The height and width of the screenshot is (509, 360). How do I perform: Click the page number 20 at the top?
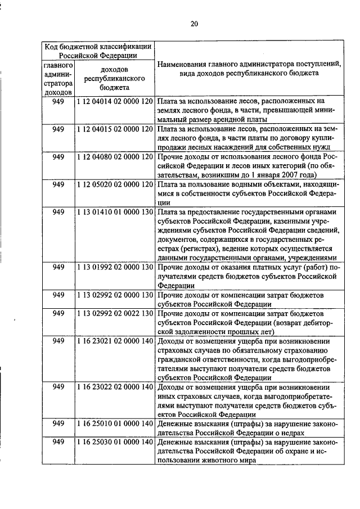tap(194, 23)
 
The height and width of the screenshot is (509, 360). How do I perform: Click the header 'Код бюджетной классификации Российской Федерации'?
tap(98, 50)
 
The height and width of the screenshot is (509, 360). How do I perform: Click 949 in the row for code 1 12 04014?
tap(58, 101)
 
